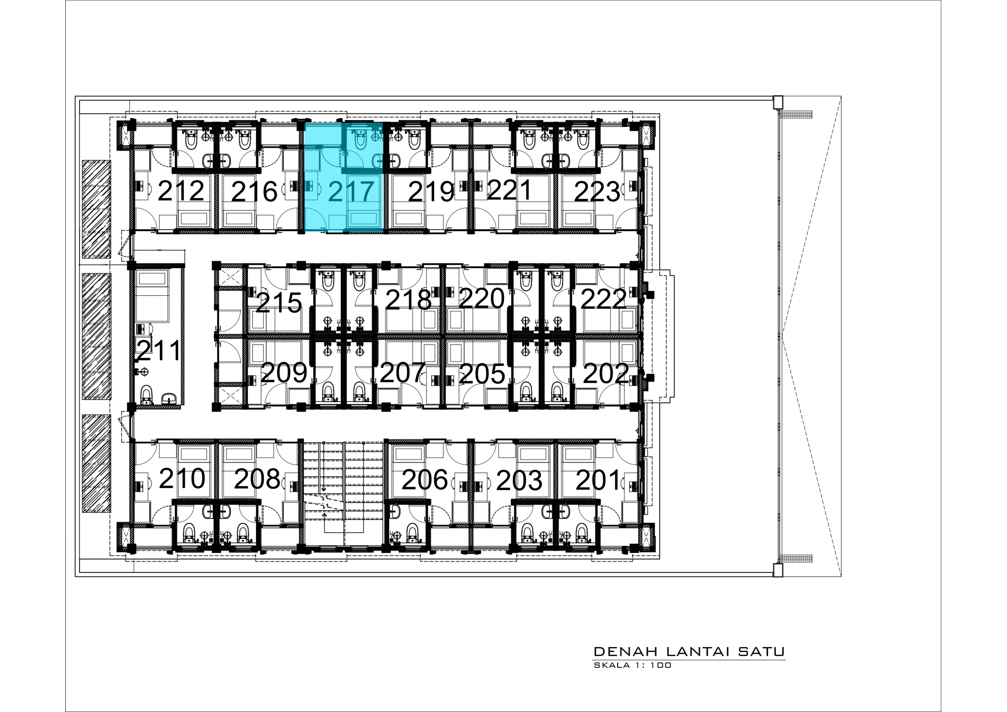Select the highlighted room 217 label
tap(351, 191)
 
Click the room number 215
tap(279, 302)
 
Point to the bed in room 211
tap(152, 296)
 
